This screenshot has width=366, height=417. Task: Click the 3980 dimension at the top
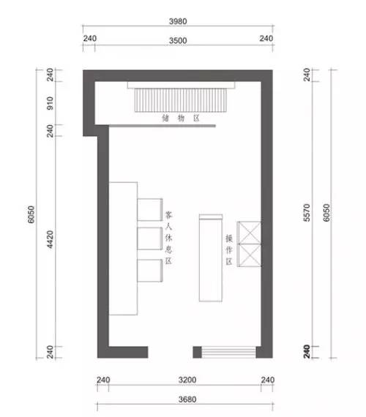178,21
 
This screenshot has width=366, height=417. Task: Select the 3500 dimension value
178,41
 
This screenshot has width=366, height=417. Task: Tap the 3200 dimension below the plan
187,380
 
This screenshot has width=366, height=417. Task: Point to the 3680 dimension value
187,399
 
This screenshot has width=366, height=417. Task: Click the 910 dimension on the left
50,103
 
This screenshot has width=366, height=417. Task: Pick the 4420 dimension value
50,240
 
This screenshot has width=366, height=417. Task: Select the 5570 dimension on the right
307,212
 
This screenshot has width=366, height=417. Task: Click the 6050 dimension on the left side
31,214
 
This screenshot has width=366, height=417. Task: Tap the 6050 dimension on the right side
326,212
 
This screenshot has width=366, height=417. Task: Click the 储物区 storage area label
181,118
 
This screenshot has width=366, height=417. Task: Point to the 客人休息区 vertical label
168,238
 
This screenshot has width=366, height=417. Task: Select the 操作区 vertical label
229,249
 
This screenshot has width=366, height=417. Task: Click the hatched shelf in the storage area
181,100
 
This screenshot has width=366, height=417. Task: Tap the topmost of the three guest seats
150,209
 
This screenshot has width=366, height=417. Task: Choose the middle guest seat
150,238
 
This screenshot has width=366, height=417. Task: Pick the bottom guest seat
150,271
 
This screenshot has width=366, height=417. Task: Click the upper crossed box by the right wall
250,233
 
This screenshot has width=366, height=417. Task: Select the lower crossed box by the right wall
250,255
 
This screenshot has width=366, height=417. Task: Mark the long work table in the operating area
211,258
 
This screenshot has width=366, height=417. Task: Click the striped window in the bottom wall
228,352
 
